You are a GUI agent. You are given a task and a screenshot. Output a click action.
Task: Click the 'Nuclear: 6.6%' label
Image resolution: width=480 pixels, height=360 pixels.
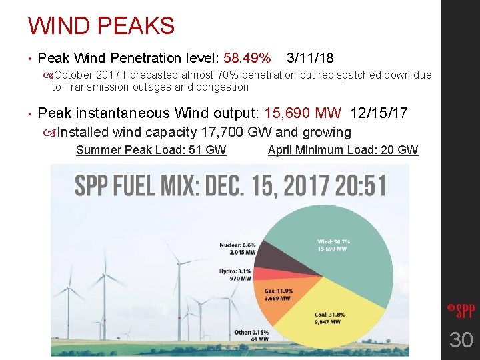(x=237, y=245)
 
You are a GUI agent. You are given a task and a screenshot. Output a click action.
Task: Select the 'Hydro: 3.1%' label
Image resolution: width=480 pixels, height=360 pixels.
(x=235, y=271)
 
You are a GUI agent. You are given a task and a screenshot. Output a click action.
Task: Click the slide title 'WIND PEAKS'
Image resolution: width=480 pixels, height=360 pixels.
(x=101, y=26)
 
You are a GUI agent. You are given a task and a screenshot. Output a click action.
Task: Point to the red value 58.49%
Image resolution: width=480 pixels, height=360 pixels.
(x=247, y=59)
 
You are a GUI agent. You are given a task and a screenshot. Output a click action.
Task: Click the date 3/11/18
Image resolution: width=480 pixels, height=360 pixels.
(x=310, y=59)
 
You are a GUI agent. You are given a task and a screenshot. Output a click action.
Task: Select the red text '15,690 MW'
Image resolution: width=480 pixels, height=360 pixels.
(x=303, y=113)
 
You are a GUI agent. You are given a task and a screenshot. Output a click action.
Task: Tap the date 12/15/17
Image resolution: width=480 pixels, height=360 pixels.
(x=379, y=113)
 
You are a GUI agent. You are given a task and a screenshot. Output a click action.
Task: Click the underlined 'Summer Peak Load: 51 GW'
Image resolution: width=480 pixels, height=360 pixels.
(x=151, y=150)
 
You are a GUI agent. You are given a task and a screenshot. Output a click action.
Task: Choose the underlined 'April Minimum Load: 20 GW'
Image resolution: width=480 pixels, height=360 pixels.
(x=343, y=150)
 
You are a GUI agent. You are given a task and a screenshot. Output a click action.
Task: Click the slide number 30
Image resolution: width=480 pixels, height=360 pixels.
(x=461, y=341)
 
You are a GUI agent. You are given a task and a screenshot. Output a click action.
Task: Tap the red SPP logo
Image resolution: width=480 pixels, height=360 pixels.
(x=461, y=310)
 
